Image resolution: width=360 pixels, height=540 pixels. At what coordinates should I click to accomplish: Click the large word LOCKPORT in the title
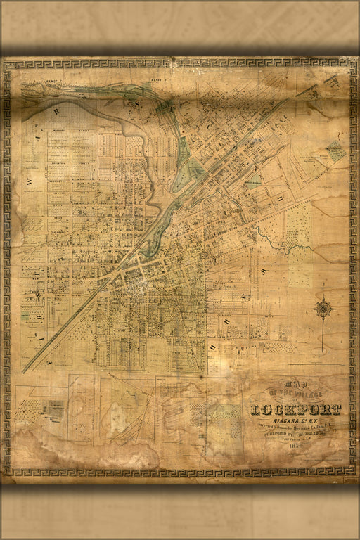tap(295, 410)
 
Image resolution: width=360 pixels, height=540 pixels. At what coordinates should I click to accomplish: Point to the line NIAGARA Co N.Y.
tap(295, 420)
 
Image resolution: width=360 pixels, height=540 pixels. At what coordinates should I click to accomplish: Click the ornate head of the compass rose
tap(324, 307)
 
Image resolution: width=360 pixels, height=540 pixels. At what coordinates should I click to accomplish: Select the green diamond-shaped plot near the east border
tap(336, 150)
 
